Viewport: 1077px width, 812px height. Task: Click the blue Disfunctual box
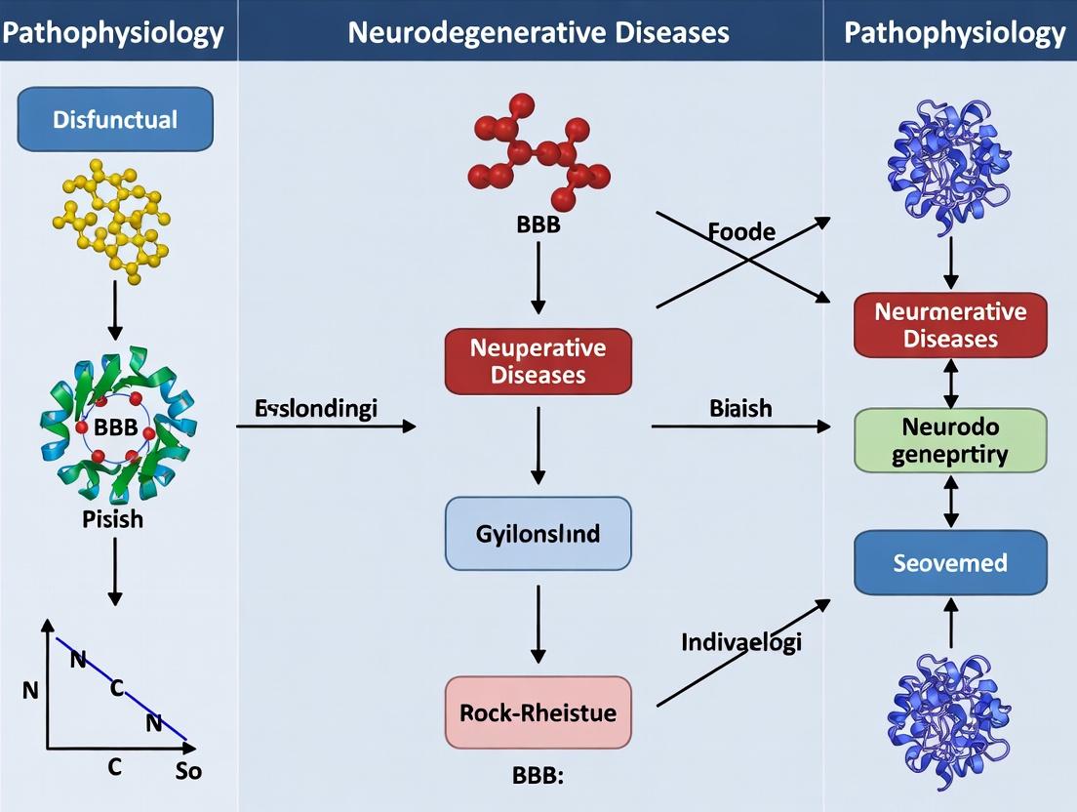(115, 119)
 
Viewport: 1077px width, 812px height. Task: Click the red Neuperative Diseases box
(538, 361)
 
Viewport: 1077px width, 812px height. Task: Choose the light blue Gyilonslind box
(538, 534)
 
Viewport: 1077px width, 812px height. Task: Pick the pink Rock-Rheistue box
(538, 712)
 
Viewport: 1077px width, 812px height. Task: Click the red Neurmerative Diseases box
(950, 325)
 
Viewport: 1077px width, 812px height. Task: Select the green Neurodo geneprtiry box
(950, 441)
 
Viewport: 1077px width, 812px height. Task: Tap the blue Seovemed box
(950, 563)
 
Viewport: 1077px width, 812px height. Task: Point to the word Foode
(741, 232)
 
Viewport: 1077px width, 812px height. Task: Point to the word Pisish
(112, 518)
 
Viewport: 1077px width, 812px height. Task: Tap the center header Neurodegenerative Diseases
(538, 32)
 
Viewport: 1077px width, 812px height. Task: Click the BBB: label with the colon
(538, 778)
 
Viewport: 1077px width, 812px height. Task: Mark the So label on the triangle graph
(189, 770)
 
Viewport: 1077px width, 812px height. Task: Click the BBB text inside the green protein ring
(116, 426)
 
